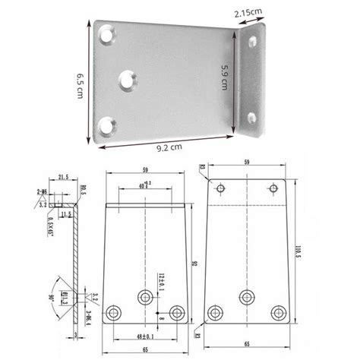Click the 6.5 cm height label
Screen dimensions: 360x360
(79, 84)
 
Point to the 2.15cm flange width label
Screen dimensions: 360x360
(252, 14)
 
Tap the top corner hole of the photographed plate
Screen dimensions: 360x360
(109, 33)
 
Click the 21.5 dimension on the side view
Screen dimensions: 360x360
(63, 177)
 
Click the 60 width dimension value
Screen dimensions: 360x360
(144, 185)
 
